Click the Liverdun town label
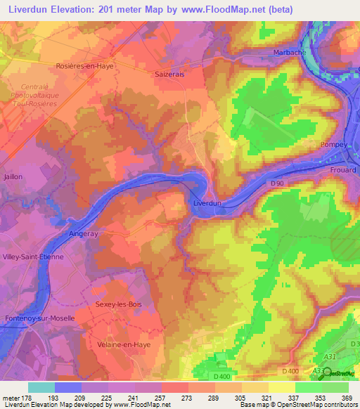tap(207, 203)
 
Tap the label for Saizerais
tap(169, 72)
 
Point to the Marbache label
tap(289, 53)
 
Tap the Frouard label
tap(344, 170)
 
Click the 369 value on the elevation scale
tap(347, 398)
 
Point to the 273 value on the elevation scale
tap(187, 398)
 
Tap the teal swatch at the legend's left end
tap(41, 387)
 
